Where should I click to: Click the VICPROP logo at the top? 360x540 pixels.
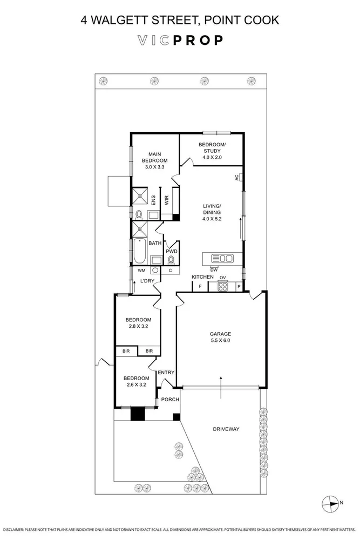[180, 40]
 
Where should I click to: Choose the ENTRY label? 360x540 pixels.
[166, 373]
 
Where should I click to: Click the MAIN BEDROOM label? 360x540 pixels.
[154, 160]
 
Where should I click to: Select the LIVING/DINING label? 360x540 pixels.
[212, 212]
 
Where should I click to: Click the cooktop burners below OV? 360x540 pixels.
[222, 287]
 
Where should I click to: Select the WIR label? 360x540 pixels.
[167, 200]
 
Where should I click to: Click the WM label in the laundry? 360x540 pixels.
[141, 270]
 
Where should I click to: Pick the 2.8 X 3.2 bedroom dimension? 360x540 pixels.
[137, 327]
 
